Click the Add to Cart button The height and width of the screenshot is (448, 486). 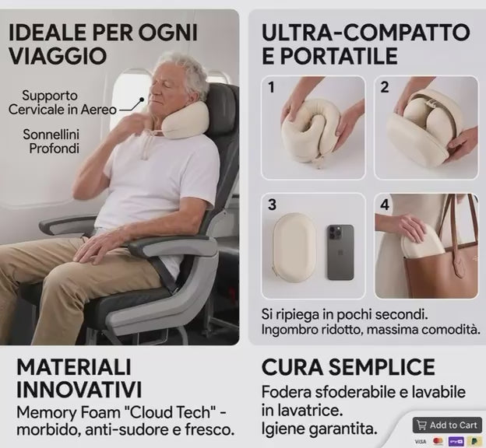(447, 425)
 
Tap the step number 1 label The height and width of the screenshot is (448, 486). (272, 88)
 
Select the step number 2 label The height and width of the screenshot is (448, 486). (384, 87)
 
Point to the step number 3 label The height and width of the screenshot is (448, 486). (272, 205)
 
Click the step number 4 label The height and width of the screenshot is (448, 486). (385, 205)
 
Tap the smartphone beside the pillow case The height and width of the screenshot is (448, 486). (340, 252)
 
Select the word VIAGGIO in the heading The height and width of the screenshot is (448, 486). (58, 56)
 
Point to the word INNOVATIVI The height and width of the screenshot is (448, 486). (79, 390)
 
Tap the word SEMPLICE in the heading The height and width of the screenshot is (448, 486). (382, 367)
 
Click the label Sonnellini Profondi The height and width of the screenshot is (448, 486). (51, 142)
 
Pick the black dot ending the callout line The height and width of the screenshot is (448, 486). (142, 100)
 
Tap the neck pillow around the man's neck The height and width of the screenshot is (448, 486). (181, 119)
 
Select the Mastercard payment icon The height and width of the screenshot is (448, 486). (438, 441)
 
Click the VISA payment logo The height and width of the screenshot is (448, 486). (421, 441)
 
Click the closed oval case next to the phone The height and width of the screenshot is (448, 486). (294, 248)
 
